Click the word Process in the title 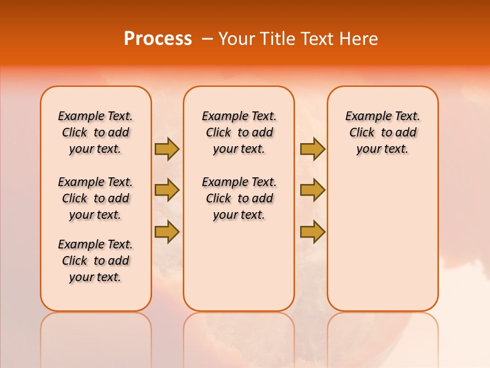click(x=158, y=39)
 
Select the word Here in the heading click(x=358, y=39)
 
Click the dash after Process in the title click(x=207, y=39)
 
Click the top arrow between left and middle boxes click(x=167, y=149)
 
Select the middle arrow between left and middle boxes click(x=167, y=190)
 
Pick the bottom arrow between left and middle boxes click(x=167, y=232)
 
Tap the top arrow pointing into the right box click(x=312, y=149)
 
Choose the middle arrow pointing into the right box click(x=312, y=190)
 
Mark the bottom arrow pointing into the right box click(x=312, y=232)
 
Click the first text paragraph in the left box click(x=95, y=132)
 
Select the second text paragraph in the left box click(x=95, y=198)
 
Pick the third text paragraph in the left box click(x=95, y=261)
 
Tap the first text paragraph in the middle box click(x=239, y=132)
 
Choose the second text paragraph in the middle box click(x=239, y=198)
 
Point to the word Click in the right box click(x=362, y=132)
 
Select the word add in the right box click(x=407, y=132)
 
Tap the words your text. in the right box click(x=382, y=149)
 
